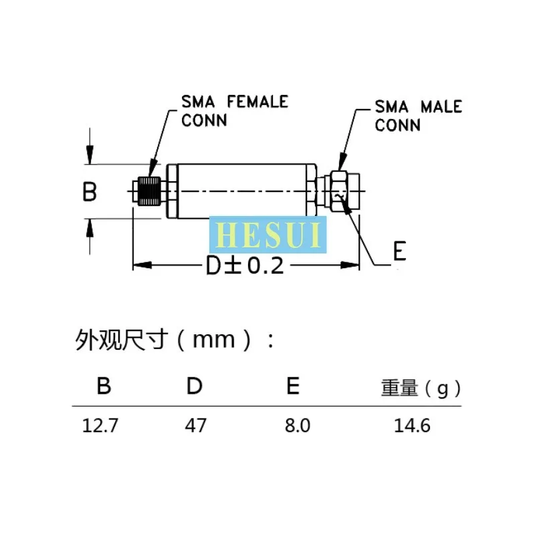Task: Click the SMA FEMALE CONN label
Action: click(x=234, y=110)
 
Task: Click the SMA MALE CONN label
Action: click(x=418, y=115)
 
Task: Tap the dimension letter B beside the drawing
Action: click(x=90, y=193)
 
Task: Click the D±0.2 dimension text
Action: click(x=245, y=266)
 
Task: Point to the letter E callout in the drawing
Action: click(x=399, y=251)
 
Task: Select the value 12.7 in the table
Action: click(x=100, y=425)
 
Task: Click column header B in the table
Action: click(x=103, y=386)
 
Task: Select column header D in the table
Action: click(x=194, y=386)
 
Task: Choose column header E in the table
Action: click(x=292, y=386)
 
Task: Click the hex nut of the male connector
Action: click(x=338, y=192)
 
